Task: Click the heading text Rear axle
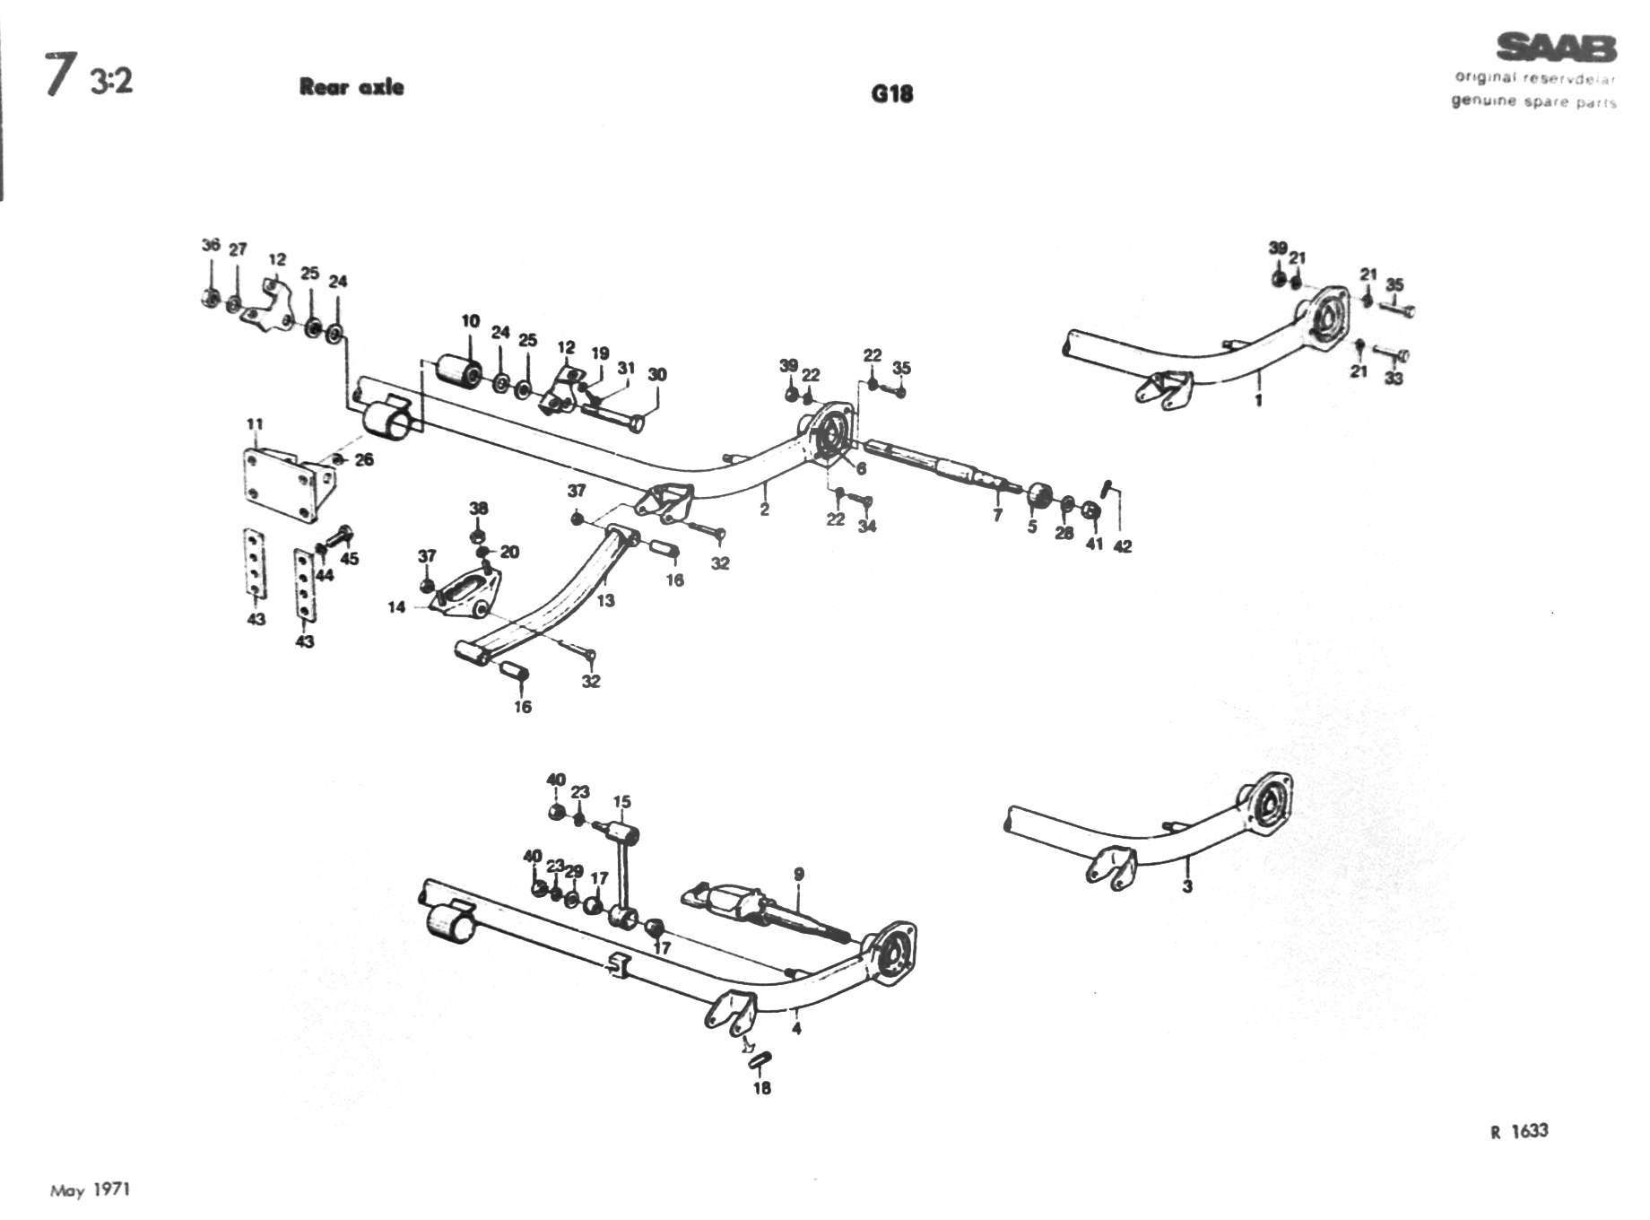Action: point(352,87)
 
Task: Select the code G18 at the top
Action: point(891,93)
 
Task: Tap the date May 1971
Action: point(90,1190)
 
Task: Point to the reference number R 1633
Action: point(1519,1131)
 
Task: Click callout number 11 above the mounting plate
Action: point(256,423)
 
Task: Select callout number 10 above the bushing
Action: point(471,321)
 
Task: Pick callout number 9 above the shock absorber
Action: point(798,874)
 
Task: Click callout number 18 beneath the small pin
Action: point(761,1088)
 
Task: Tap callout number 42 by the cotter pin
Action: point(1122,545)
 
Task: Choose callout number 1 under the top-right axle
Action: point(1258,400)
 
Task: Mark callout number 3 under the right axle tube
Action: point(1187,887)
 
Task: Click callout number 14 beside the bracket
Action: point(396,607)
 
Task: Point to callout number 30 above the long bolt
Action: point(657,374)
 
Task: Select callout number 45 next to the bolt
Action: point(350,559)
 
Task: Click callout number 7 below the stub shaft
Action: point(997,516)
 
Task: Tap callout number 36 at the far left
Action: point(211,245)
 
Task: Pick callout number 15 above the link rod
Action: point(621,802)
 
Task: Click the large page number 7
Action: point(60,76)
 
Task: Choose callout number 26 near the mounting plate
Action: point(364,460)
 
